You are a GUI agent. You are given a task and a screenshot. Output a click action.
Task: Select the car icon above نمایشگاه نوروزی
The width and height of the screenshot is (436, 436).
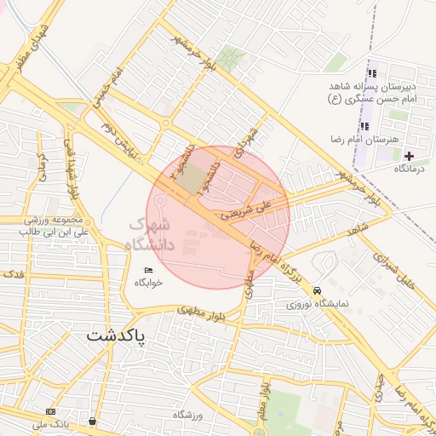[318, 290]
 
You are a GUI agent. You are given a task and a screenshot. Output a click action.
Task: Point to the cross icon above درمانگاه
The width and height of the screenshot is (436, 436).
[409, 156]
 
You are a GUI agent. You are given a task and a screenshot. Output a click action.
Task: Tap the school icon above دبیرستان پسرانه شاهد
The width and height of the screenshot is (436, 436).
[372, 74]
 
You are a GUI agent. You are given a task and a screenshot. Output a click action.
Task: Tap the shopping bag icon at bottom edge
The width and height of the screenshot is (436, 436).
[92, 421]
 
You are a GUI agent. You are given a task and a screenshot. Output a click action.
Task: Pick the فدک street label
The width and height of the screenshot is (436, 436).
[12, 275]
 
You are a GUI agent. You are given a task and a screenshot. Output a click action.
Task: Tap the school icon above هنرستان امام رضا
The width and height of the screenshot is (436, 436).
[365, 126]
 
